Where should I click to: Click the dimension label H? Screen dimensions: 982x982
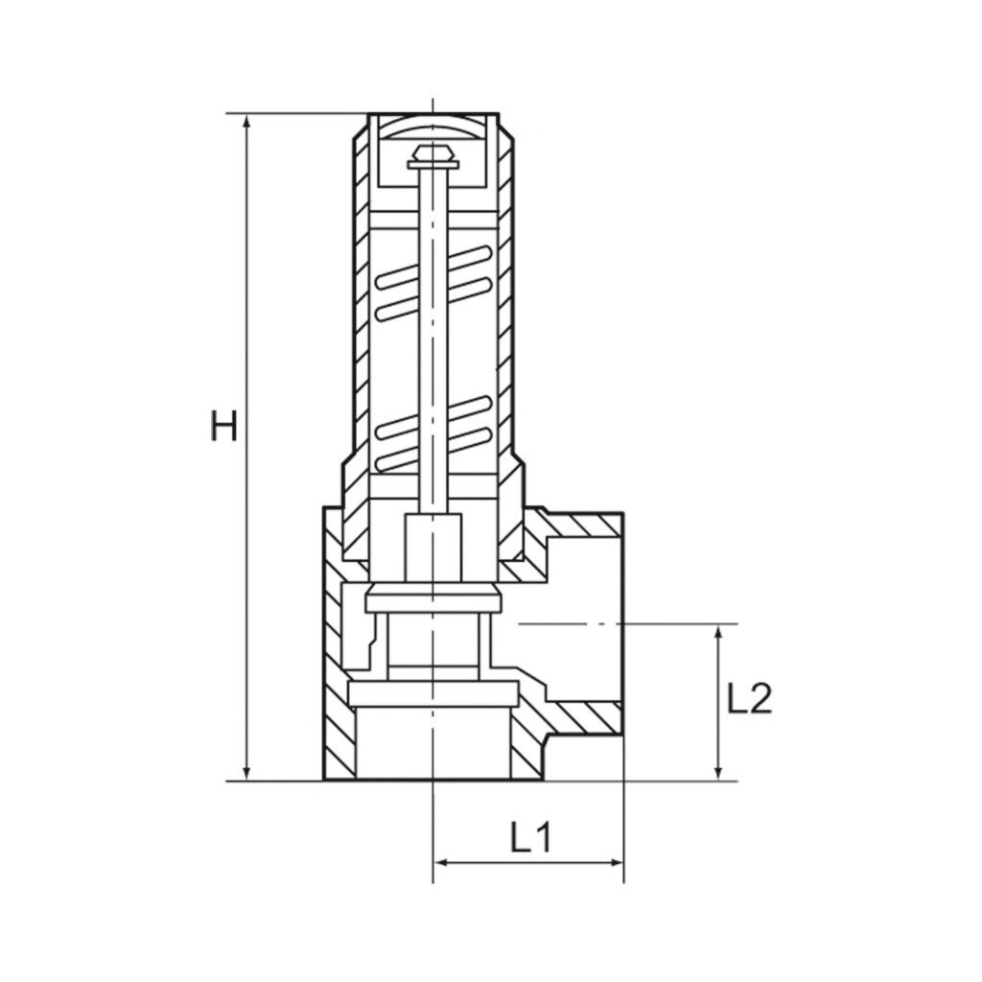point(223,426)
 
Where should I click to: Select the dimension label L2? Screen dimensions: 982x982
point(748,699)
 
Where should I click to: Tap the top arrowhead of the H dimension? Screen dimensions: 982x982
point(247,121)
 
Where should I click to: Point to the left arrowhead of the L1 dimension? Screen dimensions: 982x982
point(441,863)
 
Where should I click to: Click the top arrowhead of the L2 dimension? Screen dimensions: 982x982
point(718,631)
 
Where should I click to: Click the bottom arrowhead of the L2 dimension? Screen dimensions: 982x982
point(718,773)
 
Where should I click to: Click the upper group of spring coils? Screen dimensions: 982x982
point(433,282)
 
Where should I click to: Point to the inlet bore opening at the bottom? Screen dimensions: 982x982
point(433,748)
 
